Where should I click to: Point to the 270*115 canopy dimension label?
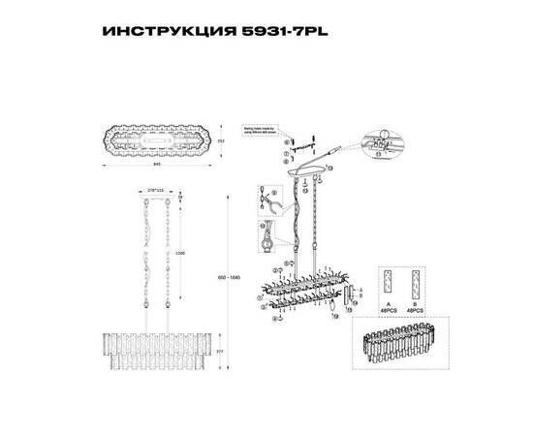coord(157,190)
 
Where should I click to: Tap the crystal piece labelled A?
coord(389,280)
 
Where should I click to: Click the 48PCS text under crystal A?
coord(389,310)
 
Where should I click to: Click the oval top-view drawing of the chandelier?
coord(158,138)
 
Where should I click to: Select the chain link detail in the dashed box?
coord(265,237)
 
